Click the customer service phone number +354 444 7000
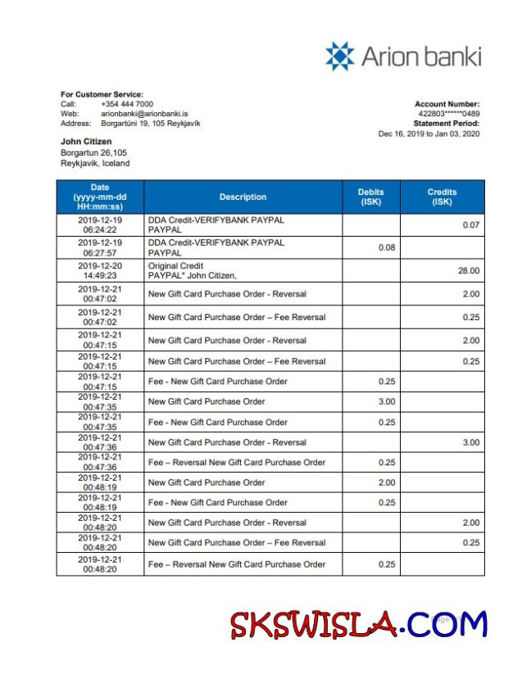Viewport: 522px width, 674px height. point(126,104)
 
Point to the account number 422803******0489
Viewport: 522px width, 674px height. point(449,114)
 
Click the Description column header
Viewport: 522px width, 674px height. point(243,197)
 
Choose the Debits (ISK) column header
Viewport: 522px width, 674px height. point(370,197)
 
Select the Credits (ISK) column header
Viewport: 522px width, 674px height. point(442,197)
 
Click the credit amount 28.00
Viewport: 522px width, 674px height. point(469,271)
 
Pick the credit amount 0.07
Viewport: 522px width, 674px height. point(470,225)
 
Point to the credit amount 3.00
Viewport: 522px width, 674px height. point(470,442)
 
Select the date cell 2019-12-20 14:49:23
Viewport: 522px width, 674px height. point(99,271)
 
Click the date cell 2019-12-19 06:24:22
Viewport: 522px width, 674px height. point(99,225)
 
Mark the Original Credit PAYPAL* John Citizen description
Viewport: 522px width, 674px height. point(197,271)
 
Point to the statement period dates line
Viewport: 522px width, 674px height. point(429,133)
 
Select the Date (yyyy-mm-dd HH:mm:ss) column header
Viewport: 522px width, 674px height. point(99,197)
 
